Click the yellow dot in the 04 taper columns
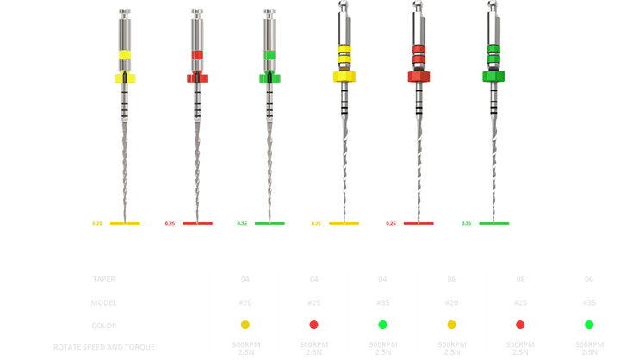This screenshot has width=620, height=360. (245, 326)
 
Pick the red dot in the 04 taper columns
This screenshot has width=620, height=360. (314, 326)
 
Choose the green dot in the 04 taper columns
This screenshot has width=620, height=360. (383, 326)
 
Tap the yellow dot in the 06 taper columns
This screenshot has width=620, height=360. (452, 326)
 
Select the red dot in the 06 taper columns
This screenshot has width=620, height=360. (521, 326)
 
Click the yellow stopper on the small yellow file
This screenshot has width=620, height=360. (125, 78)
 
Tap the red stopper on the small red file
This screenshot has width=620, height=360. (197, 78)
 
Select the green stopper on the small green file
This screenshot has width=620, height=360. (271, 78)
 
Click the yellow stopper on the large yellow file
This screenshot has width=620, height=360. (344, 77)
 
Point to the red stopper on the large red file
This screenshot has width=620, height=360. (419, 76)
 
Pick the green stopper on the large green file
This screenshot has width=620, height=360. (494, 76)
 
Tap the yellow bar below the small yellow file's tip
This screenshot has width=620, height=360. (125, 224)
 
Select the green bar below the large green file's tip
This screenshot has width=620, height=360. (494, 224)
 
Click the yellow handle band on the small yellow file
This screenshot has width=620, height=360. (125, 54)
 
